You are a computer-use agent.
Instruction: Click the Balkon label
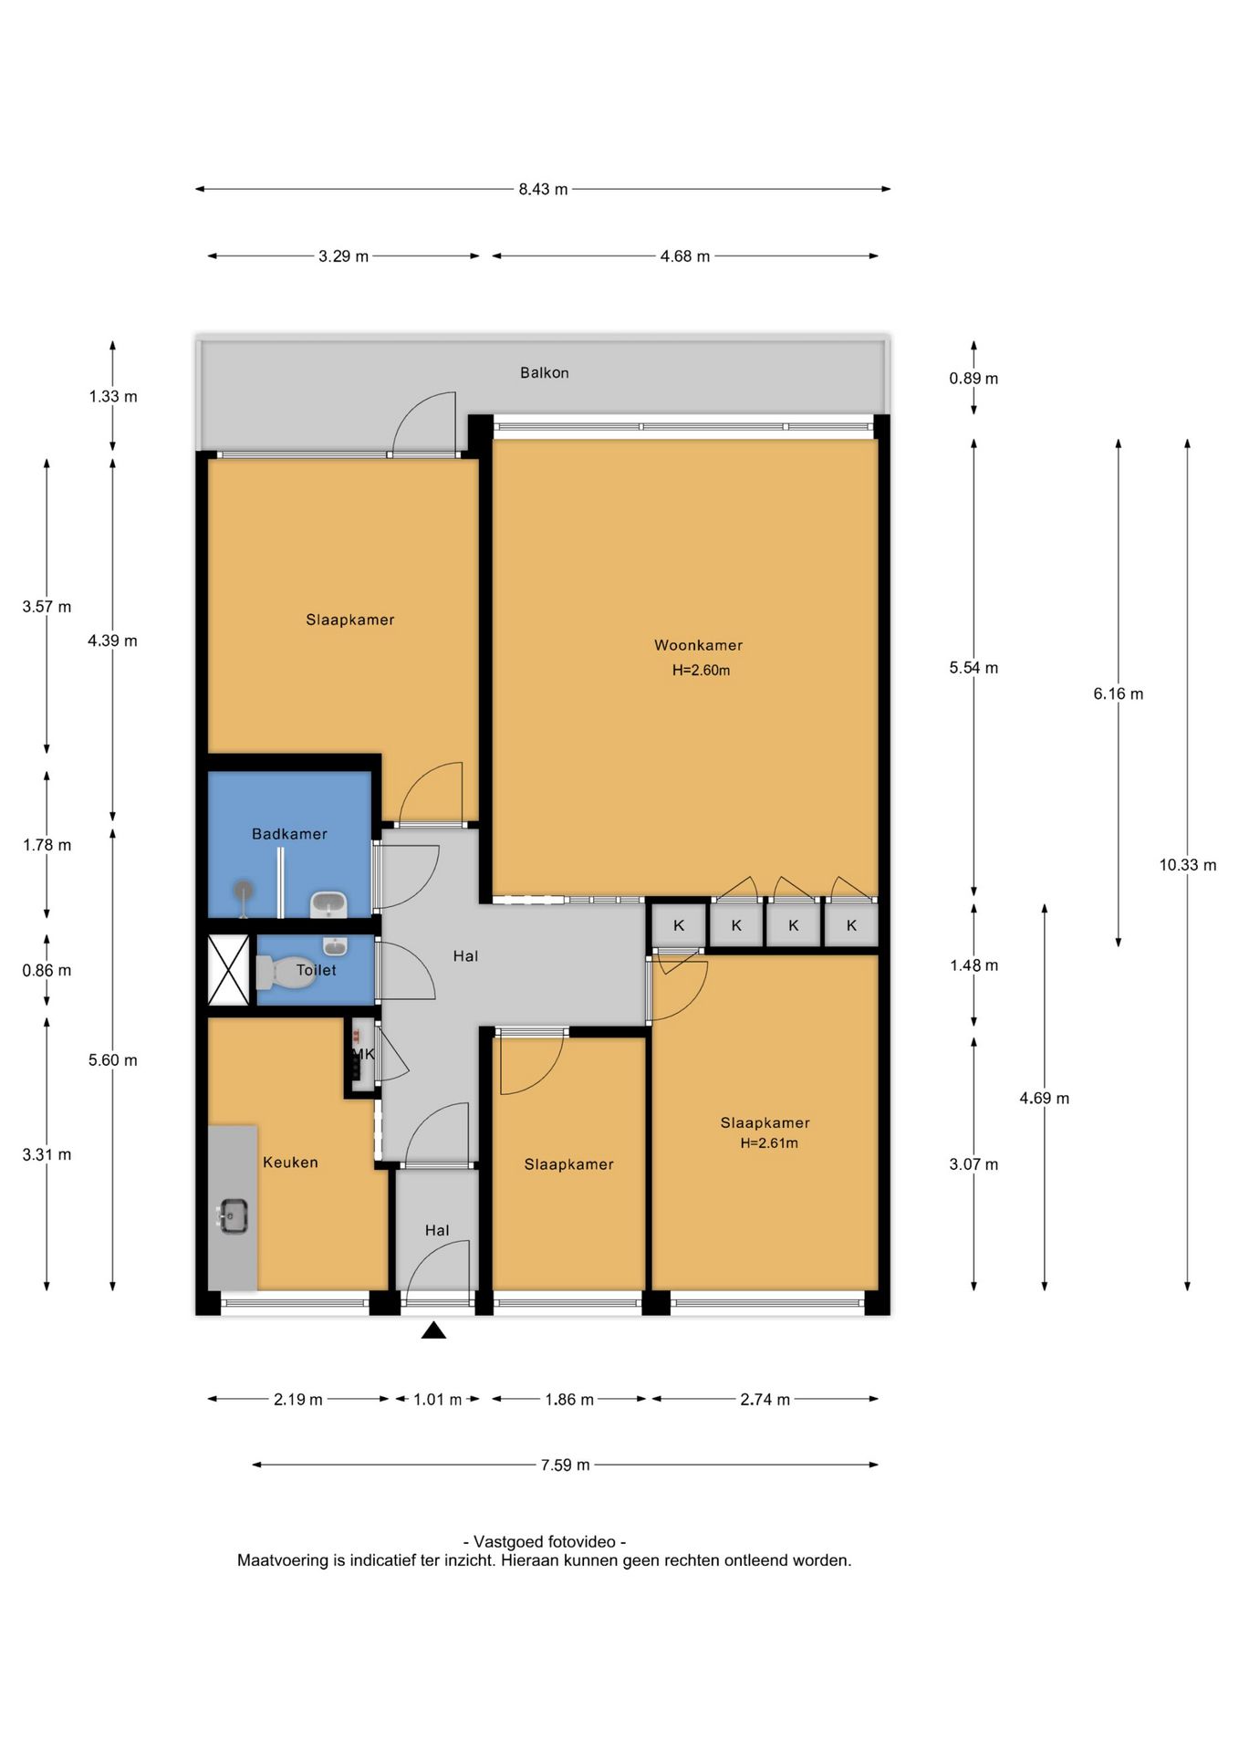pos(545,372)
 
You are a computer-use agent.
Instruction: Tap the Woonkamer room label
pos(699,645)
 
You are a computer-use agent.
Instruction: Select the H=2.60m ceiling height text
pos(701,670)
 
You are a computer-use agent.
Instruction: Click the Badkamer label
pos(289,834)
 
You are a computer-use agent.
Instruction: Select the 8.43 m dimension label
pos(543,189)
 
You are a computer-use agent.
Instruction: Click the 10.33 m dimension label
pos(1188,865)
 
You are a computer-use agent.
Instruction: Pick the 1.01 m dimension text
pos(438,1399)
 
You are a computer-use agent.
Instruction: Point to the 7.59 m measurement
pos(566,1465)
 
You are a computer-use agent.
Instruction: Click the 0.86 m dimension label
pos(47,971)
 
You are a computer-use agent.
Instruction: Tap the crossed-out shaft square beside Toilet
pos(228,970)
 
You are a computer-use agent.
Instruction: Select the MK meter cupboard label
pos(364,1054)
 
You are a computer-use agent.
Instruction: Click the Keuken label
pos(290,1163)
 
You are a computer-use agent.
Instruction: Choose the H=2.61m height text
pos(769,1143)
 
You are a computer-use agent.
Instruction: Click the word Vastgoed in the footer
pos(510,1541)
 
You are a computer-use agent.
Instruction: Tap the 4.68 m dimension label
pos(685,256)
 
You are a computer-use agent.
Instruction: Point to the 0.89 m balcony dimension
pos(973,379)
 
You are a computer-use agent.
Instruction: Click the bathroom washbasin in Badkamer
pos(328,904)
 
